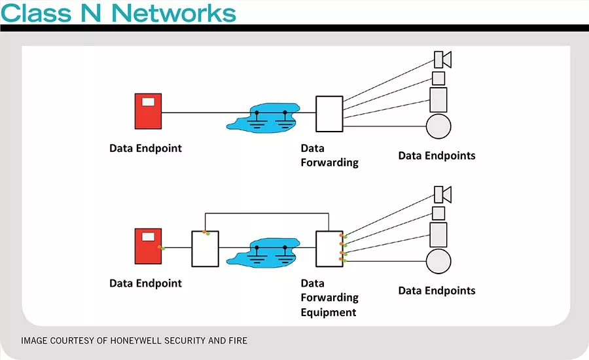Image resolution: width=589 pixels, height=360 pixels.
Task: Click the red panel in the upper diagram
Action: [x=149, y=111]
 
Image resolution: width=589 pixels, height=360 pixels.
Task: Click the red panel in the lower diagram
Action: [x=149, y=246]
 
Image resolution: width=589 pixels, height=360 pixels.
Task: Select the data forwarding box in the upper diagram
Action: [x=329, y=114]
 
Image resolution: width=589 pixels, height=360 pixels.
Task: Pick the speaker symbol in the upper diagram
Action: [x=442, y=60]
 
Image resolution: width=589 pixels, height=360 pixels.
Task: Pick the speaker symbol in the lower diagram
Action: [x=442, y=194]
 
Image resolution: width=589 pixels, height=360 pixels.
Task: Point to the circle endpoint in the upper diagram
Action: [x=438, y=126]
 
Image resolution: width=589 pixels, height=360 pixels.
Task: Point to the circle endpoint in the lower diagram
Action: [x=438, y=261]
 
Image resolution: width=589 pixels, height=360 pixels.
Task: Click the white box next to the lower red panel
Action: [x=205, y=249]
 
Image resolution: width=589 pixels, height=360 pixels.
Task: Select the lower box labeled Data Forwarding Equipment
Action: [x=329, y=249]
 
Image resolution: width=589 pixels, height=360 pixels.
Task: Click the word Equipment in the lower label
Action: [x=329, y=312]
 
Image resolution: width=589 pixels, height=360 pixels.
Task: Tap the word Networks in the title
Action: [x=174, y=13]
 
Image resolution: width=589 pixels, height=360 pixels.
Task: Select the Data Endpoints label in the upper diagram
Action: [x=437, y=156]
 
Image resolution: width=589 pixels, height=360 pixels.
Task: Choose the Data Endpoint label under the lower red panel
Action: [x=146, y=283]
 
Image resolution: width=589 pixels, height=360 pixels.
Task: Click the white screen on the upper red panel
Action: [x=148, y=101]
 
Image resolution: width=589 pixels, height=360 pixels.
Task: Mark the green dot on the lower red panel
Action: [x=163, y=248]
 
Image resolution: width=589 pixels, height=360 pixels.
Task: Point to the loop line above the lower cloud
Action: [x=267, y=213]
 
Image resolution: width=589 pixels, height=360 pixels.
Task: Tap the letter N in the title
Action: [x=90, y=13]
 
